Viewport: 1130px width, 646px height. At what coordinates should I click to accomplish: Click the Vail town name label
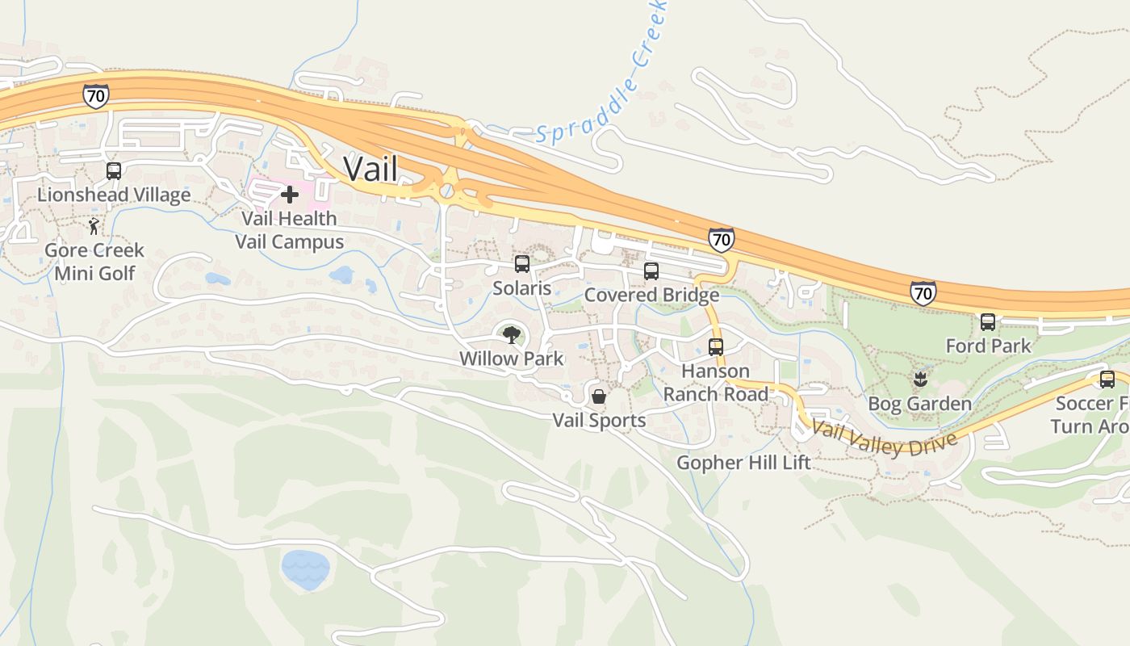(370, 169)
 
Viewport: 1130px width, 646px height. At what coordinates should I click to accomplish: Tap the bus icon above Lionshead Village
(114, 171)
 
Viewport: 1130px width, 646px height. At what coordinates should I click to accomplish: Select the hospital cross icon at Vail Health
(290, 194)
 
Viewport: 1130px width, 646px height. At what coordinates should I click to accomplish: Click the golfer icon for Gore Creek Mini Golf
(94, 226)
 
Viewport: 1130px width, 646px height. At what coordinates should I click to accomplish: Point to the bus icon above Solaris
(522, 264)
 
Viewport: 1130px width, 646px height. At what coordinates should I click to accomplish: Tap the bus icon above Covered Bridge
(651, 271)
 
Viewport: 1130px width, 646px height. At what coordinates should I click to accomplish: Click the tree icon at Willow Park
(511, 334)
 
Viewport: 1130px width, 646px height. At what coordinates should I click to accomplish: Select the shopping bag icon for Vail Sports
(599, 396)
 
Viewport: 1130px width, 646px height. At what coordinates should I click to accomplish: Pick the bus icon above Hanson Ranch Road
(716, 347)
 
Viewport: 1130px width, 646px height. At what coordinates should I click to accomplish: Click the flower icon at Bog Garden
(919, 379)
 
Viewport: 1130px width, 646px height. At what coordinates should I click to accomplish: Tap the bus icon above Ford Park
(988, 322)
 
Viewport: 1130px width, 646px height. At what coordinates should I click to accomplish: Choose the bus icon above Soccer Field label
(1107, 379)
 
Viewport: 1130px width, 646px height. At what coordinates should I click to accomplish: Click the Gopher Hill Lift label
(743, 463)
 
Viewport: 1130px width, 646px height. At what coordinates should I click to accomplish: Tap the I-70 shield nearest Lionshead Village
(95, 96)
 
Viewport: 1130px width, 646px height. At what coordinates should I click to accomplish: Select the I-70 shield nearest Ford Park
(923, 292)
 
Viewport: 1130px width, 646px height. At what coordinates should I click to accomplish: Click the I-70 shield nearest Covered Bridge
(722, 239)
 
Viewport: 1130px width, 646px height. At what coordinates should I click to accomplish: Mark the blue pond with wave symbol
(305, 568)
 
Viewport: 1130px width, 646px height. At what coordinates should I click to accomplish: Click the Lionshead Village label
(114, 195)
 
